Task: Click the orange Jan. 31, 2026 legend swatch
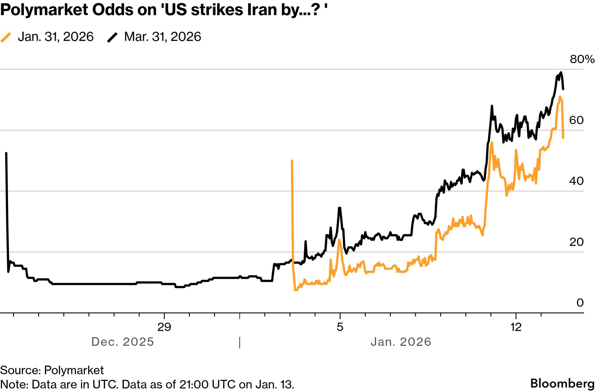[6, 37]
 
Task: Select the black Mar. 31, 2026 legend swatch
[112, 37]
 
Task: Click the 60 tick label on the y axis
[576, 120]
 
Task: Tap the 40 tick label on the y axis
[576, 181]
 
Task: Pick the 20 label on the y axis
[576, 242]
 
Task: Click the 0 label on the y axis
[580, 303]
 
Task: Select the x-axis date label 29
[164, 327]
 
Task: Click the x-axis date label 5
[340, 327]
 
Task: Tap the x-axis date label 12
[516, 327]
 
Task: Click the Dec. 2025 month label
[123, 342]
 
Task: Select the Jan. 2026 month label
[401, 342]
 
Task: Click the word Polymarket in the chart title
[44, 10]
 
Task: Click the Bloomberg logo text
[562, 383]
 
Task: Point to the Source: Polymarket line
[52, 370]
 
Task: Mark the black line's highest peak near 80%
[561, 72]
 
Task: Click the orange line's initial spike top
[292, 161]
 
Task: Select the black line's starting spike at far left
[6, 153]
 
